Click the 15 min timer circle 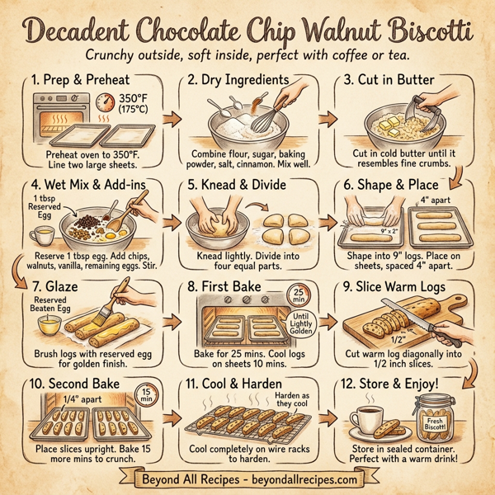coord(144,397)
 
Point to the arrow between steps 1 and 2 coord(172,120)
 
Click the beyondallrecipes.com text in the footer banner coord(304,478)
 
